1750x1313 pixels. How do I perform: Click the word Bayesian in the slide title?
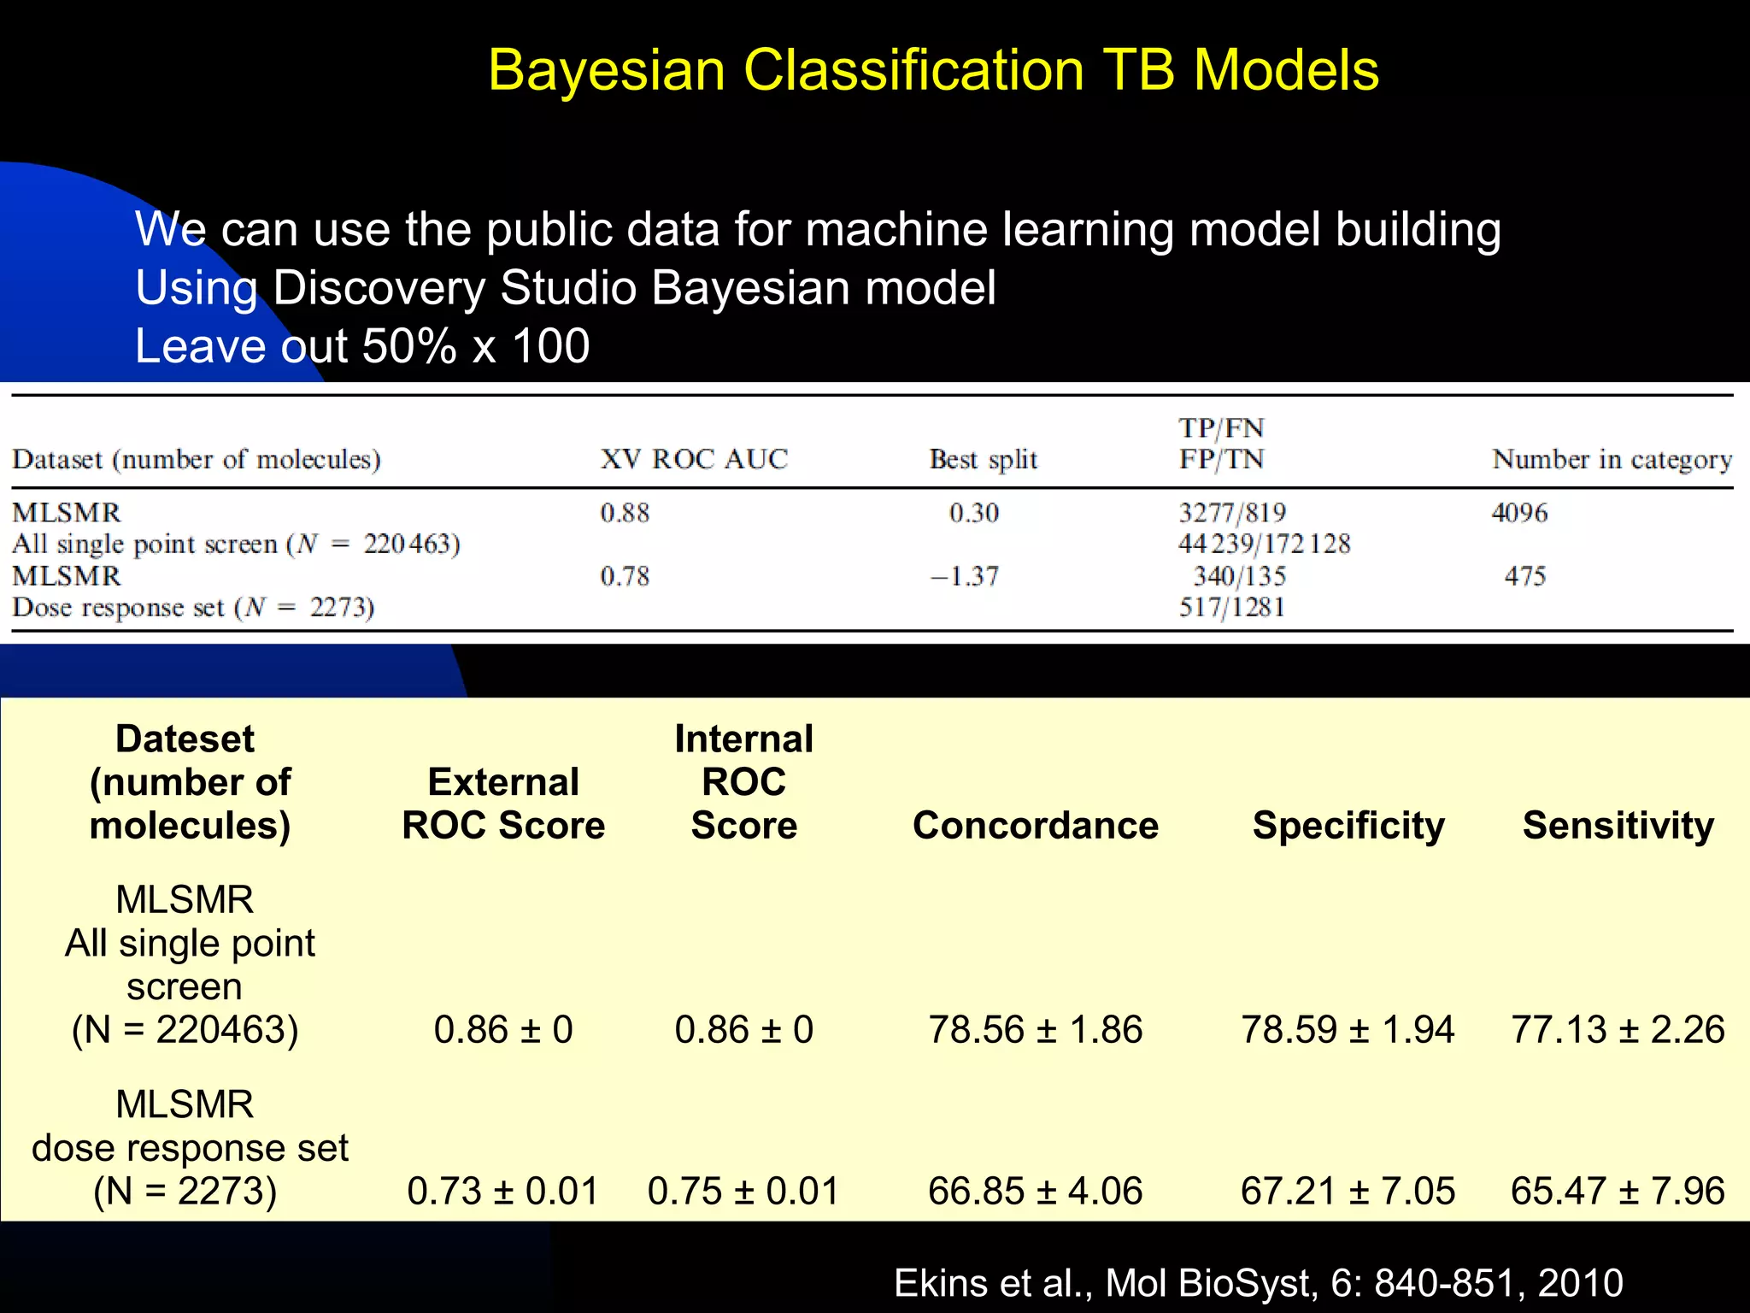point(606,70)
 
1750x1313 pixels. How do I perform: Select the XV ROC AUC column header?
point(693,459)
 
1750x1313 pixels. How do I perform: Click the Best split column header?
point(983,459)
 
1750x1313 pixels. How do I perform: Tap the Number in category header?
point(1612,459)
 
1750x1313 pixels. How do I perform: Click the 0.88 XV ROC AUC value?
point(625,513)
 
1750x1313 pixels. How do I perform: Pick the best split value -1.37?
point(965,576)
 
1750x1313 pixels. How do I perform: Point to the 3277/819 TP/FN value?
point(1231,513)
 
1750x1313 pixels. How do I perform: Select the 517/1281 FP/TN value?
point(1231,608)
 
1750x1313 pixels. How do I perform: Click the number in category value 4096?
point(1519,513)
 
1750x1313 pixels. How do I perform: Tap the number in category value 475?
point(1525,576)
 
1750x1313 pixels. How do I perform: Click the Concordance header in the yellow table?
point(1035,826)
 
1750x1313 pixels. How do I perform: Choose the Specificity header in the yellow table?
point(1348,826)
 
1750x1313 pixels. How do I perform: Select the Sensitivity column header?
point(1618,826)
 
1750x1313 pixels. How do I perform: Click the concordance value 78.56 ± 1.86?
point(1035,1029)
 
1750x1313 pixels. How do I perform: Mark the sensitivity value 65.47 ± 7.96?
point(1618,1191)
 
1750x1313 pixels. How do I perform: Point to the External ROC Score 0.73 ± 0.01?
point(502,1191)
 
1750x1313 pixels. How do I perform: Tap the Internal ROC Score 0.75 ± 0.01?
point(743,1191)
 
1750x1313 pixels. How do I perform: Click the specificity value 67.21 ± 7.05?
point(1348,1191)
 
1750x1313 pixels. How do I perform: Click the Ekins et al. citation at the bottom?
point(1258,1283)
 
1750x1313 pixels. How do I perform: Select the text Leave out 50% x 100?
point(362,346)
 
